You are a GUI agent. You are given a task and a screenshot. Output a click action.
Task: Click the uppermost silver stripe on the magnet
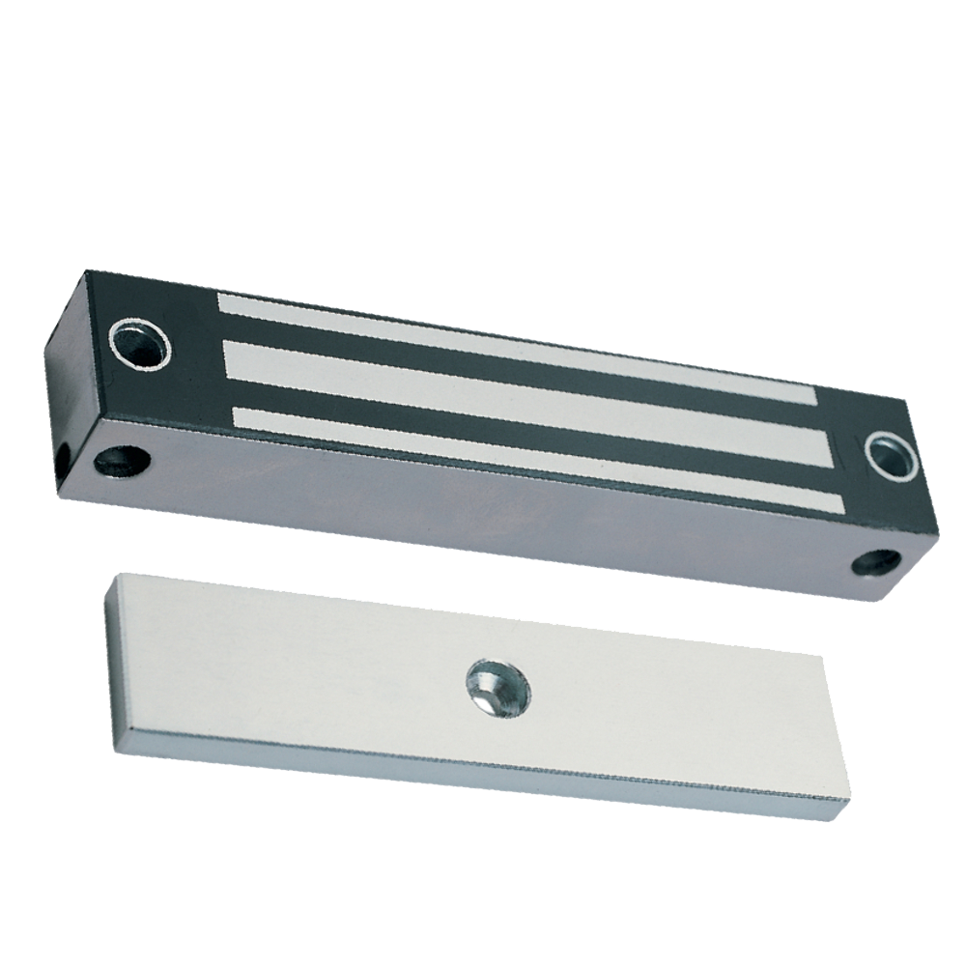pos(512,348)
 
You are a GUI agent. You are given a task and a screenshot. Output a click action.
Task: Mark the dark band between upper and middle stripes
pos(522,372)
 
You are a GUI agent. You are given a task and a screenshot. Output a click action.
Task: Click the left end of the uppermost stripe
pos(221,303)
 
